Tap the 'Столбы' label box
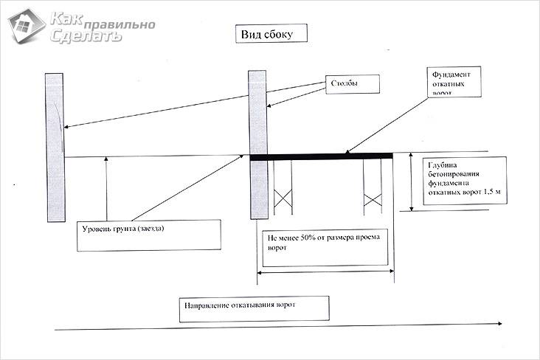[353, 85]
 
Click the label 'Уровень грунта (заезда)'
[148, 235]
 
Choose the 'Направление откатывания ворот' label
[253, 308]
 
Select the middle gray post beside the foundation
[257, 144]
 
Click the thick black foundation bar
[321, 156]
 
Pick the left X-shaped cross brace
[283, 198]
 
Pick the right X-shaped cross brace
[372, 198]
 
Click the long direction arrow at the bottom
[280, 325]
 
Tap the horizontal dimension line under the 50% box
[325, 272]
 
